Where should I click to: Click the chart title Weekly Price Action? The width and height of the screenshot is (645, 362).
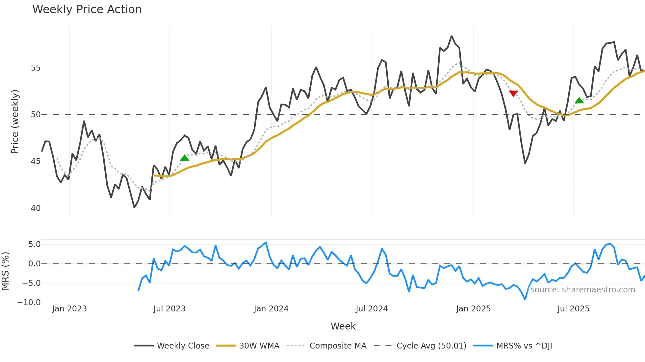click(x=87, y=10)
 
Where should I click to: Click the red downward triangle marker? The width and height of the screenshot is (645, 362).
click(x=513, y=94)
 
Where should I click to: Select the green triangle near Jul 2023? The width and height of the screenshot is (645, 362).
click(x=185, y=158)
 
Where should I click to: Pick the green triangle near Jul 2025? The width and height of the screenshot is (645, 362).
click(x=579, y=101)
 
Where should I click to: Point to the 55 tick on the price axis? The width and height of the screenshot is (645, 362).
click(x=36, y=68)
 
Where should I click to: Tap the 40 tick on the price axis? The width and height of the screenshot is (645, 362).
click(x=36, y=208)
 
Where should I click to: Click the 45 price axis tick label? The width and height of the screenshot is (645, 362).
click(x=36, y=161)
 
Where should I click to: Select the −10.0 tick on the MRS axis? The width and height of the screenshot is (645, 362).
click(x=29, y=303)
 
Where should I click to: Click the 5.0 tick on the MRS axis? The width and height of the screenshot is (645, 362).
click(x=34, y=244)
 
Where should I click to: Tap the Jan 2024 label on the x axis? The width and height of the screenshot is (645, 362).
click(x=271, y=309)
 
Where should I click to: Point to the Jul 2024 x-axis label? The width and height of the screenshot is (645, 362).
click(x=372, y=309)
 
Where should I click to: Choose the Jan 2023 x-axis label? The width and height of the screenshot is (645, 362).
click(x=69, y=309)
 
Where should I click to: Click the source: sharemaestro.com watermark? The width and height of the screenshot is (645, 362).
click(x=582, y=290)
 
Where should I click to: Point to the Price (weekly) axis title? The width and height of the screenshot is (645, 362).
click(x=15, y=122)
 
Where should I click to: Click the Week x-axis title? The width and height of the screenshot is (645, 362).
click(x=343, y=326)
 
